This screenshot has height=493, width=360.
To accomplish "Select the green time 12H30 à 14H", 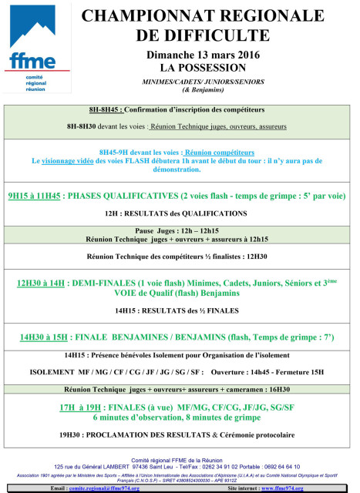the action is [41, 283].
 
